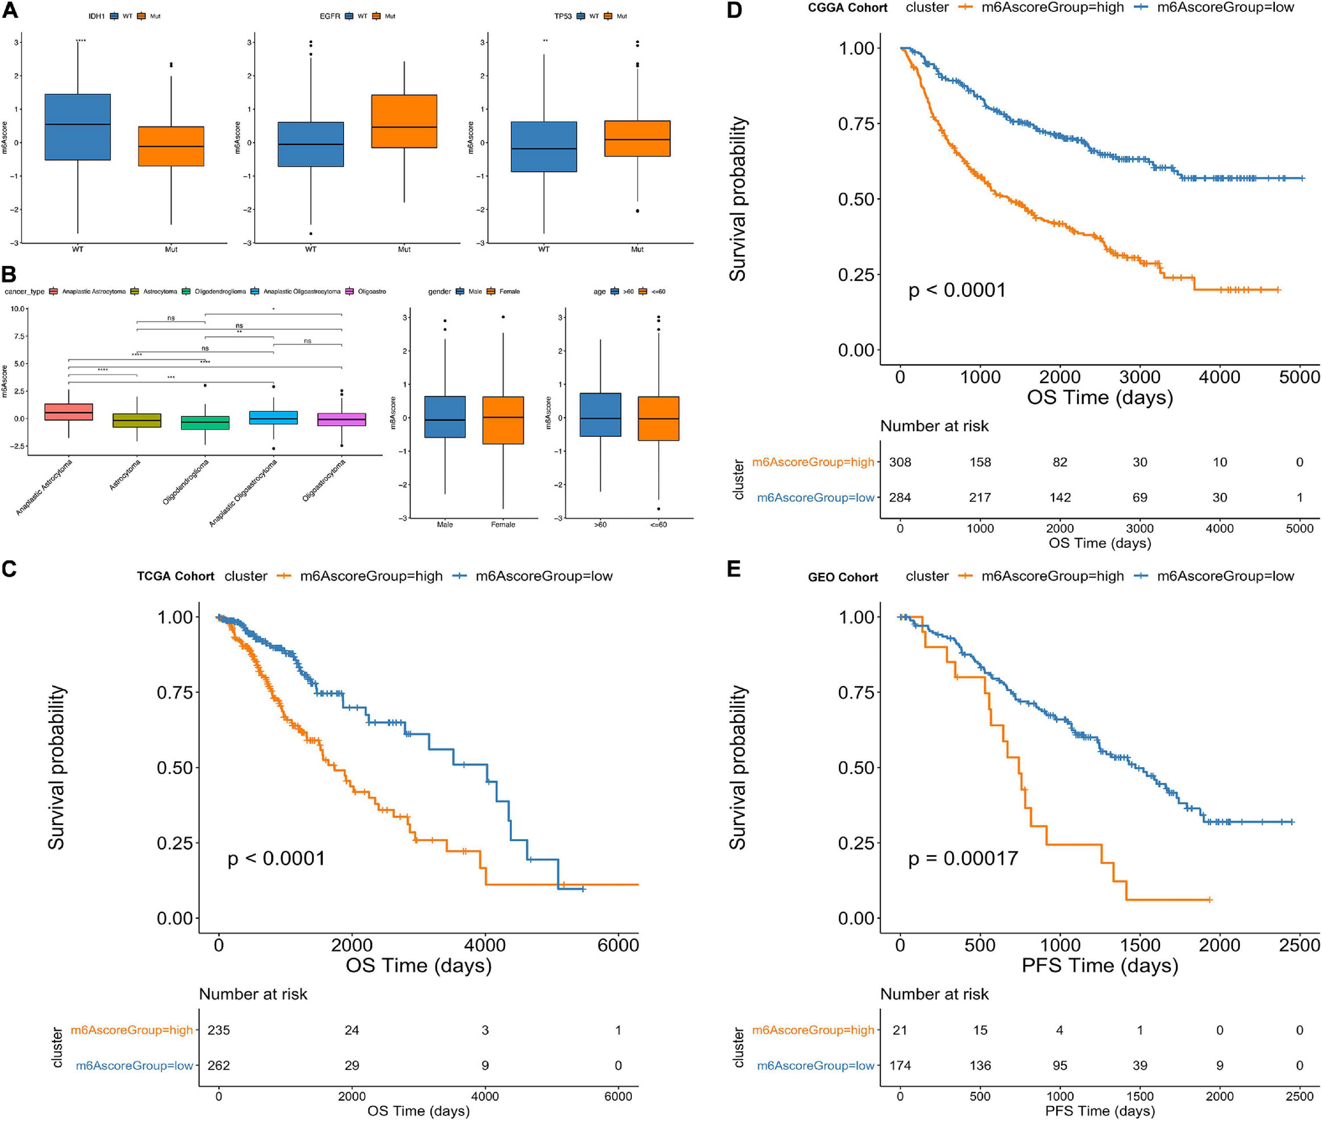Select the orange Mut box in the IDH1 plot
pyautogui.click(x=171, y=146)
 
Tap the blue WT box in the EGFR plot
pyautogui.click(x=311, y=144)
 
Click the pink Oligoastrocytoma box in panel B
pyautogui.click(x=341, y=420)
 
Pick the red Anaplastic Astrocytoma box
pyautogui.click(x=69, y=412)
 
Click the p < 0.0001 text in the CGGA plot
pyautogui.click(x=957, y=290)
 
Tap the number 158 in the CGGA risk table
pyautogui.click(x=980, y=462)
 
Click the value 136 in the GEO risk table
pyautogui.click(x=980, y=1065)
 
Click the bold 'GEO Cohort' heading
pyautogui.click(x=843, y=577)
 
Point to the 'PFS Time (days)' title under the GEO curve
pyautogui.click(x=1099, y=965)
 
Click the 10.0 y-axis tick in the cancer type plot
pyautogui.click(x=18, y=309)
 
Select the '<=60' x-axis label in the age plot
pyautogui.click(x=658, y=524)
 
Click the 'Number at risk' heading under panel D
pyautogui.click(x=934, y=426)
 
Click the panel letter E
pyautogui.click(x=734, y=568)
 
